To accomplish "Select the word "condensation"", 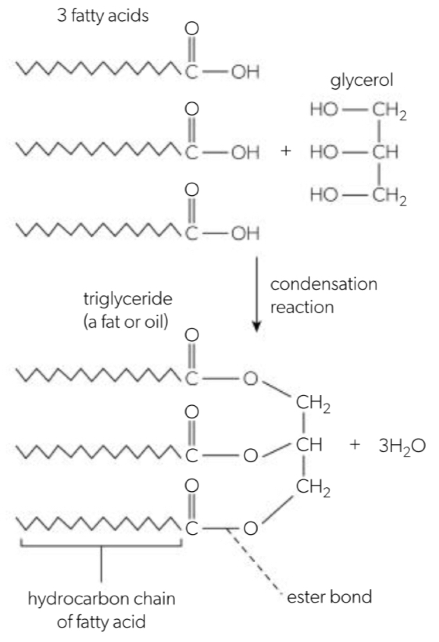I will (x=324, y=284).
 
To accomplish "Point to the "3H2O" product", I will (x=402, y=446).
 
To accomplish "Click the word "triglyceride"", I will (x=128, y=299).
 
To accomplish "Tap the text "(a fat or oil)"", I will (x=126, y=322).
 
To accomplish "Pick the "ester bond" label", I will (x=329, y=597).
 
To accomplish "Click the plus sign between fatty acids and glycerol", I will (x=286, y=151).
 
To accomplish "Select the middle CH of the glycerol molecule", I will (x=385, y=152).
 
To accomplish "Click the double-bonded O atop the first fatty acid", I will (x=192, y=28).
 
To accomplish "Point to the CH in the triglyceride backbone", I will (x=309, y=445).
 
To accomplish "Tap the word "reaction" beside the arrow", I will (x=302, y=307).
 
